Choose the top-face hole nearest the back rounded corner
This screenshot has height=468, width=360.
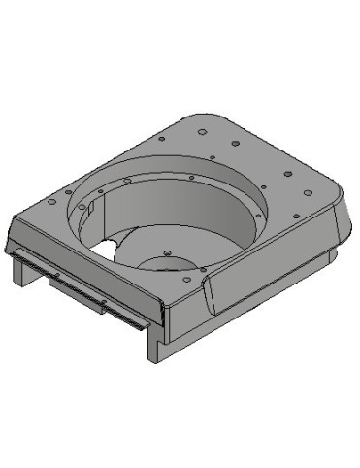tap(202, 130)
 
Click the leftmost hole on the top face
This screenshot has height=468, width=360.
tap(49, 203)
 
